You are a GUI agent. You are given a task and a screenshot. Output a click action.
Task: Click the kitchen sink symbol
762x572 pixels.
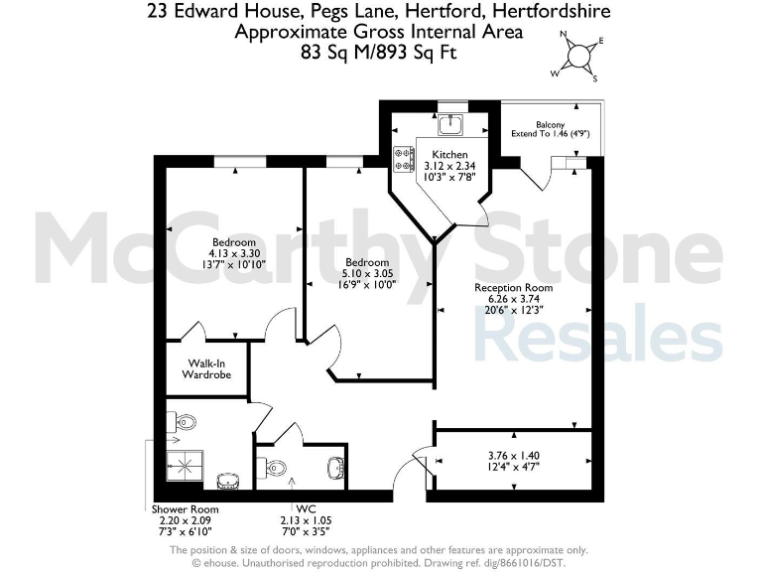pos(452,124)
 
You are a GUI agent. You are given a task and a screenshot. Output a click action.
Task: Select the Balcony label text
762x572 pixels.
pos(551,125)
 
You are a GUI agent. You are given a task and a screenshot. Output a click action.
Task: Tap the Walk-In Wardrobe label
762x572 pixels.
pos(206,369)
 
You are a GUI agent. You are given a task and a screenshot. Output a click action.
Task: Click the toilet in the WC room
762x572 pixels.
pos(277,467)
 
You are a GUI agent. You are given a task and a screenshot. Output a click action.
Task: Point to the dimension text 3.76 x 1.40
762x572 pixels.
pos(512,456)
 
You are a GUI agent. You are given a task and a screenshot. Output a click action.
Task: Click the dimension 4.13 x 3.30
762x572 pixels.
pos(233,253)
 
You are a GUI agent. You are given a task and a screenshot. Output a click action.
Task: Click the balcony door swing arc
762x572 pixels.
pos(535,176)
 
